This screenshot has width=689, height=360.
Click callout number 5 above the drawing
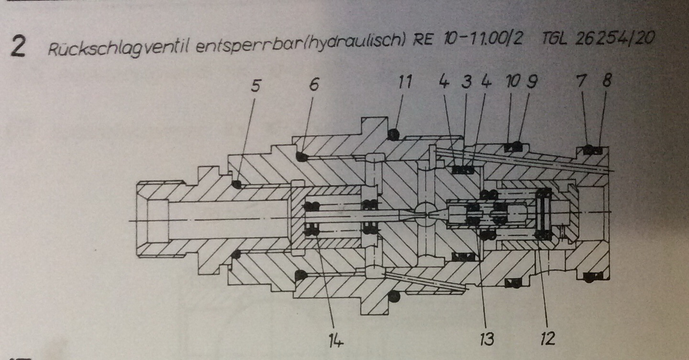tap(256, 86)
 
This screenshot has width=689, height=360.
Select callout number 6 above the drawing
tap(313, 85)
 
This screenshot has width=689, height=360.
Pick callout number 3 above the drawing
tap(467, 82)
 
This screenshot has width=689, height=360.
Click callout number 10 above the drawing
tap(512, 82)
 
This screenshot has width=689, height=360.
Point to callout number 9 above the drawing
tap(531, 82)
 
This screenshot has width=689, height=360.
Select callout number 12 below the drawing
tap(546, 339)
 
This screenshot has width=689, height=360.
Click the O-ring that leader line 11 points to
tap(393, 135)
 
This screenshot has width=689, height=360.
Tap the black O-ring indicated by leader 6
tap(301, 157)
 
